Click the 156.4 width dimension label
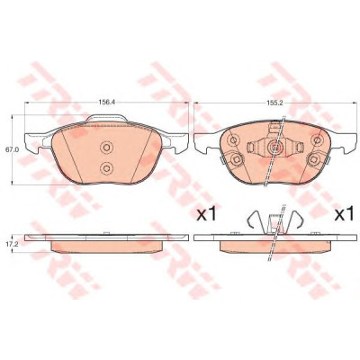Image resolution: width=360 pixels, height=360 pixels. click(107, 102)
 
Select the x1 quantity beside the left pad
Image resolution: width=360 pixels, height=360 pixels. click(206, 214)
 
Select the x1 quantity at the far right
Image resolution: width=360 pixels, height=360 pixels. click(344, 214)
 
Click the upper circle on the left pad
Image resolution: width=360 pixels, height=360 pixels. click(105, 148)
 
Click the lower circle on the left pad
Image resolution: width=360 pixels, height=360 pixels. click(105, 167)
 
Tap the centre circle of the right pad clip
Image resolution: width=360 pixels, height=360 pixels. click(274, 147)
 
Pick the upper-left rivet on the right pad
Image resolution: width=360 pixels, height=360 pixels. click(233, 139)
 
